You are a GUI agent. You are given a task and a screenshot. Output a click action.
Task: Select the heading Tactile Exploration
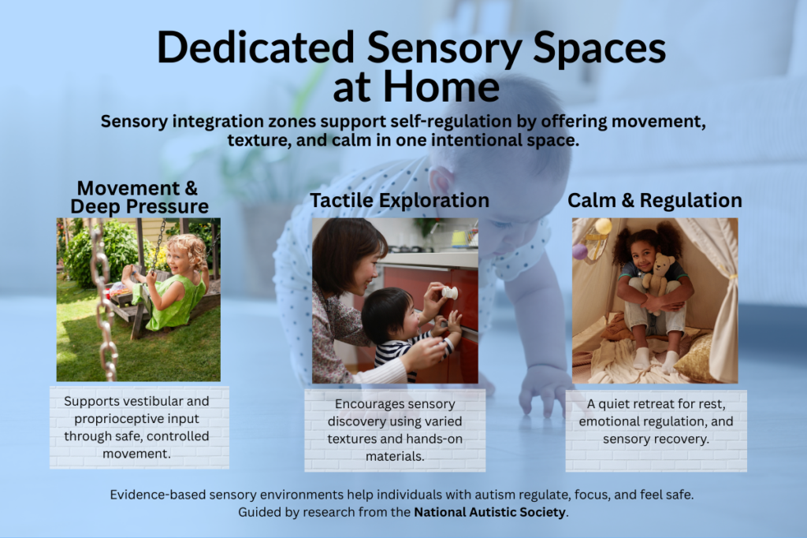(399, 200)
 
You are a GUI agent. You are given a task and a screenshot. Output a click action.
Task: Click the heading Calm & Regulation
(655, 200)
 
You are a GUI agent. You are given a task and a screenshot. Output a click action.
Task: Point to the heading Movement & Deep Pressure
(139, 197)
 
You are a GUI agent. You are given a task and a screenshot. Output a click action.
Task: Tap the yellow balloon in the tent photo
(603, 227)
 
